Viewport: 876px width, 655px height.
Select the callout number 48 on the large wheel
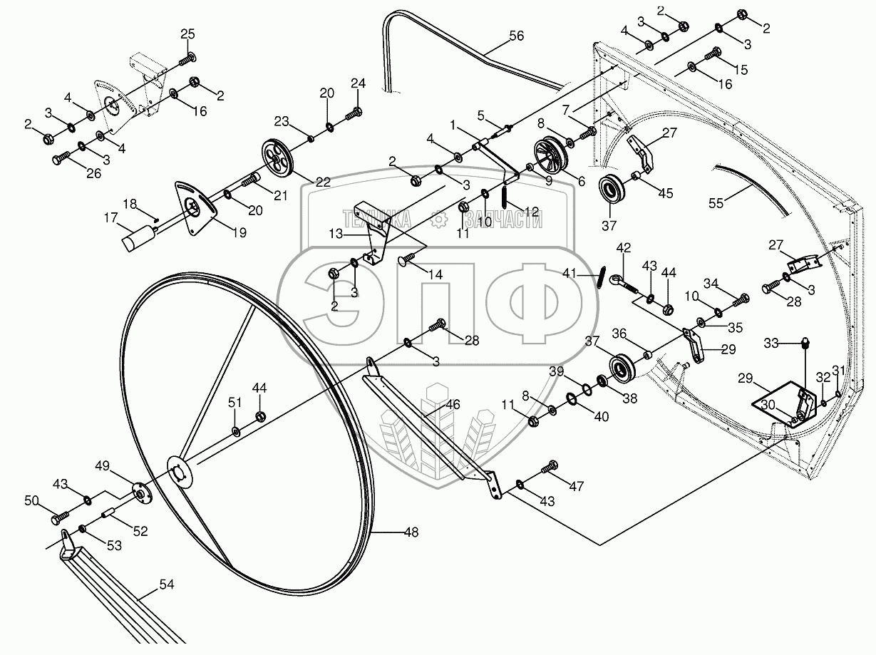tap(411, 532)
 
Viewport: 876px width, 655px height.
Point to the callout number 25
tap(187, 34)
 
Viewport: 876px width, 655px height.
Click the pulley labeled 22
tap(278, 158)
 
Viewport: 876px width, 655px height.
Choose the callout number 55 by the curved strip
tap(716, 203)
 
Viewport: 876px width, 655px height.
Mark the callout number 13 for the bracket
tap(336, 233)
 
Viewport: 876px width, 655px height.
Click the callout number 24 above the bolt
tap(358, 83)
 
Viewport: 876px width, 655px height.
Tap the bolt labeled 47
tap(550, 468)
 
